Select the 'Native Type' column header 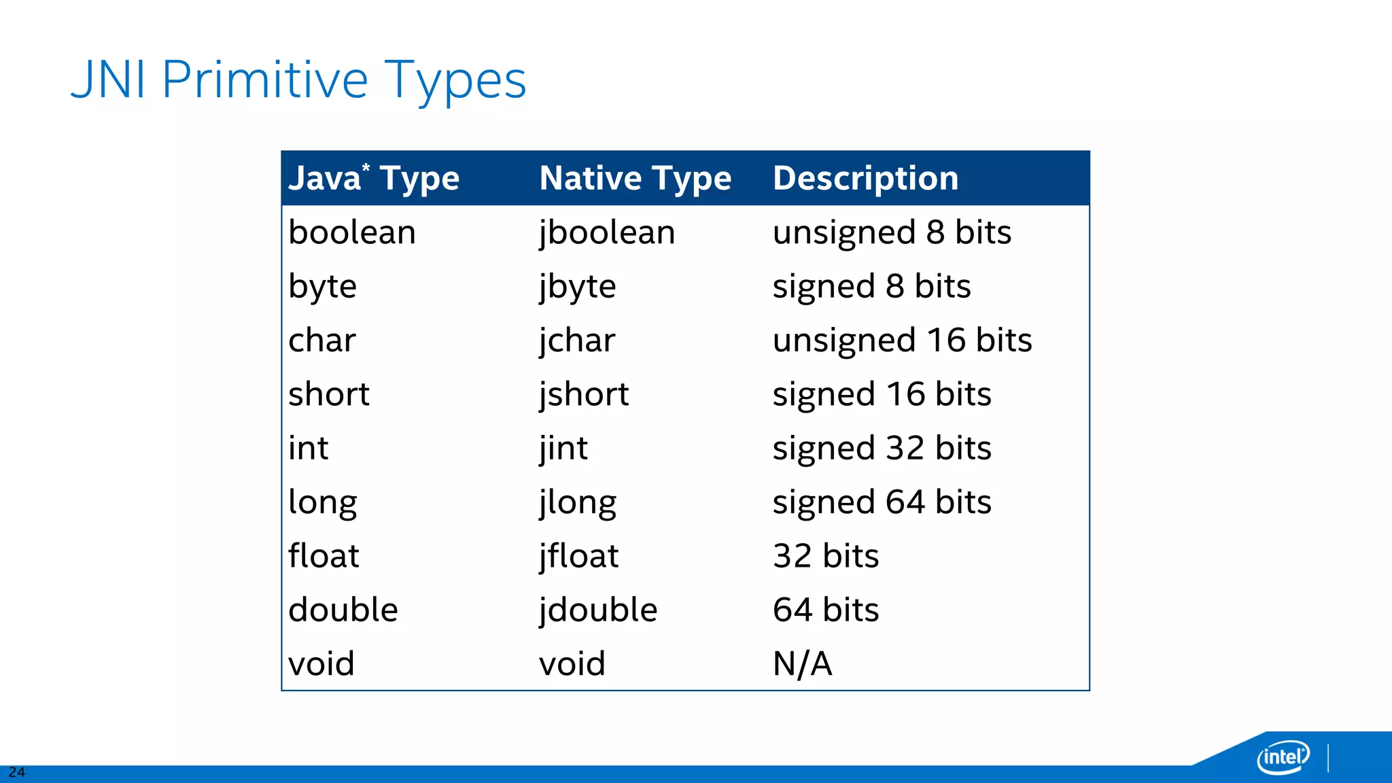pos(635,178)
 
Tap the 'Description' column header pos(865,178)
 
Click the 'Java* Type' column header pos(374,178)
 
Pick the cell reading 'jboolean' pos(607,232)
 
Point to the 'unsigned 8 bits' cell pos(892,232)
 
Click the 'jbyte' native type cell pos(577,286)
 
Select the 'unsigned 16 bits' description pos(902,340)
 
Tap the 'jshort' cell pos(584,394)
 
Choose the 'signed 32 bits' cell pos(882,448)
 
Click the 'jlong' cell pos(578,502)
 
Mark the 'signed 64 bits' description pos(882,502)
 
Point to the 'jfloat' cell pos(578,556)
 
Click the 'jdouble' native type pos(598,610)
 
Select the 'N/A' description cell pos(802,663)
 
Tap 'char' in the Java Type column pos(321,340)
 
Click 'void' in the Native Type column pos(572,663)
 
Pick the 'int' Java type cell pos(308,448)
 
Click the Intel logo pos(1283,756)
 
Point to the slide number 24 pos(16,772)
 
